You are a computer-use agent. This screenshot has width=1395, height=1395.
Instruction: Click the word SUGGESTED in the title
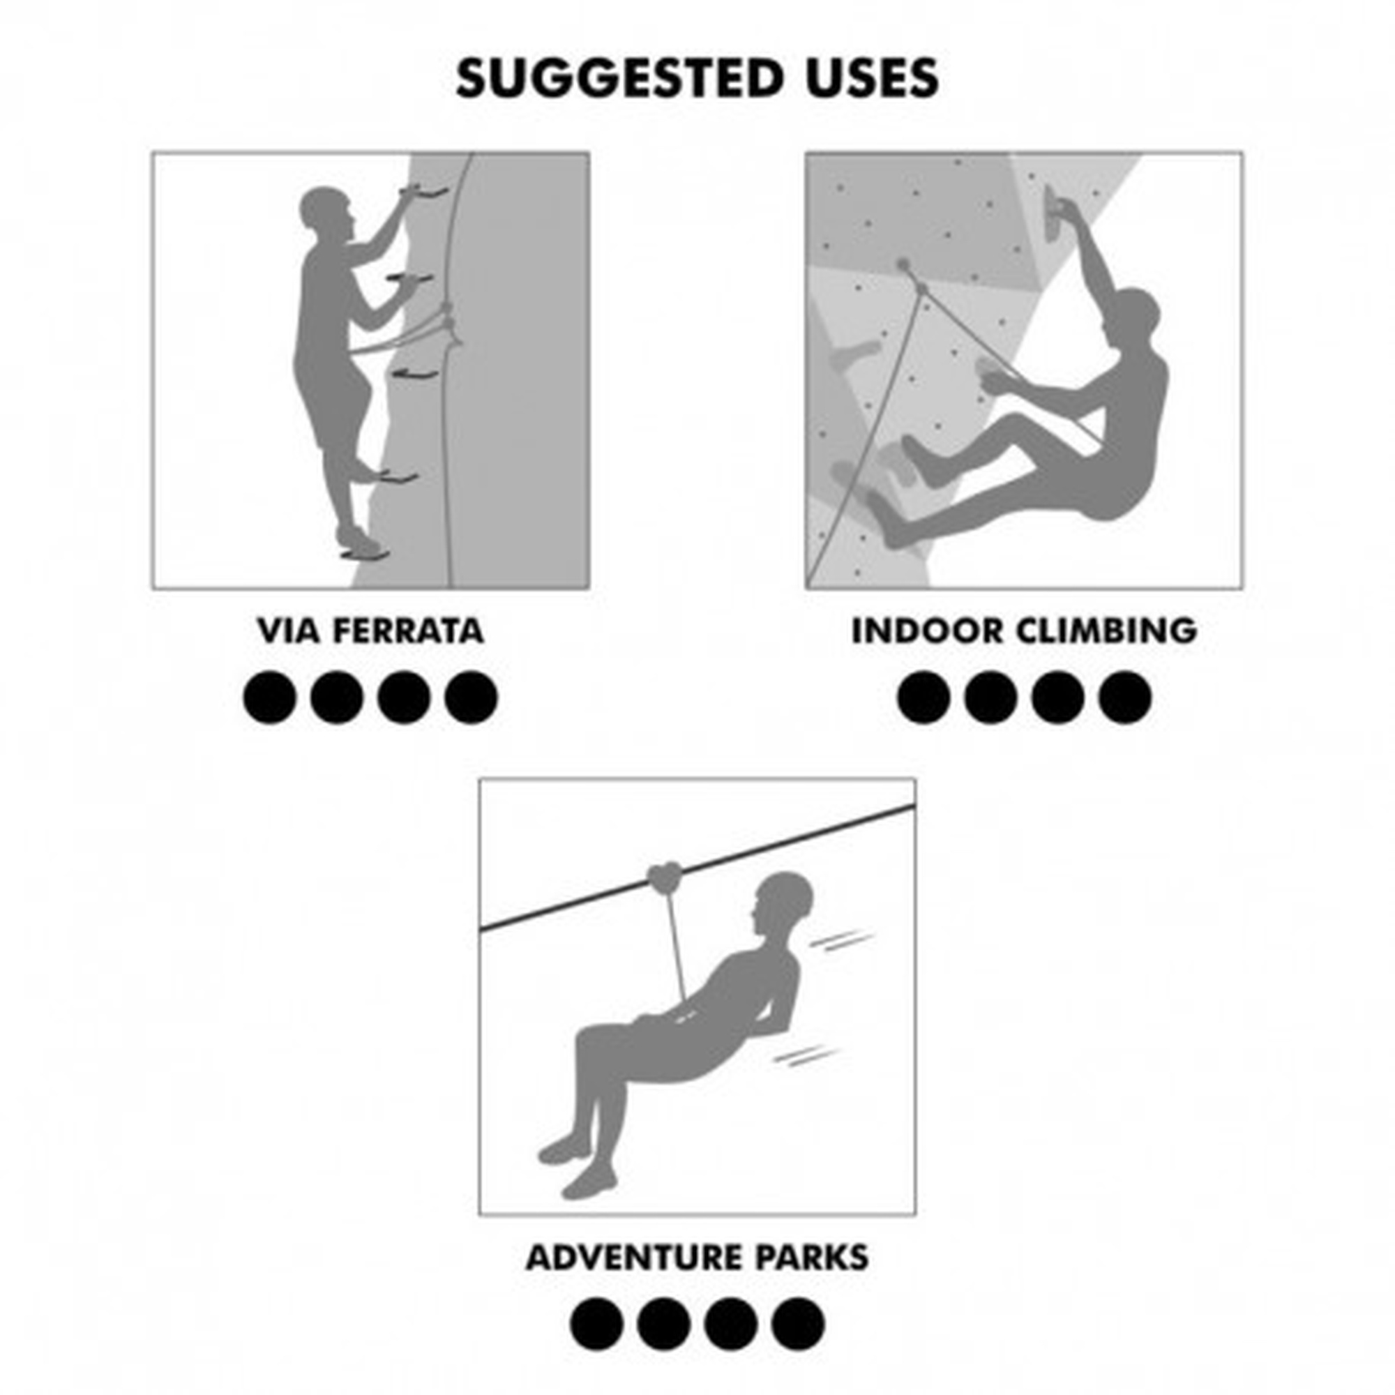[x=619, y=78]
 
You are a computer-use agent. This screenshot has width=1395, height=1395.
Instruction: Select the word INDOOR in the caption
[x=928, y=631]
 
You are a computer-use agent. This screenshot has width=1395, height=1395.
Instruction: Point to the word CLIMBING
[x=1107, y=631]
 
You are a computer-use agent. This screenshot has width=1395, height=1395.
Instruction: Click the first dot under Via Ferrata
[x=270, y=697]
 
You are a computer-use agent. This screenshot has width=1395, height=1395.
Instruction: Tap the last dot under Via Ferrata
[x=472, y=697]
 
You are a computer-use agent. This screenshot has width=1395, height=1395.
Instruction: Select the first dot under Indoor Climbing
[x=923, y=697]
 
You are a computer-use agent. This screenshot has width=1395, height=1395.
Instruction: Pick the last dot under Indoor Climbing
[x=1125, y=697]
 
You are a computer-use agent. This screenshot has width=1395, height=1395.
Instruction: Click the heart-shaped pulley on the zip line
[x=664, y=878]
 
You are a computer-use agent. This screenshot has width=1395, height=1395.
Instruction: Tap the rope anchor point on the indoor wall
[x=903, y=264]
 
